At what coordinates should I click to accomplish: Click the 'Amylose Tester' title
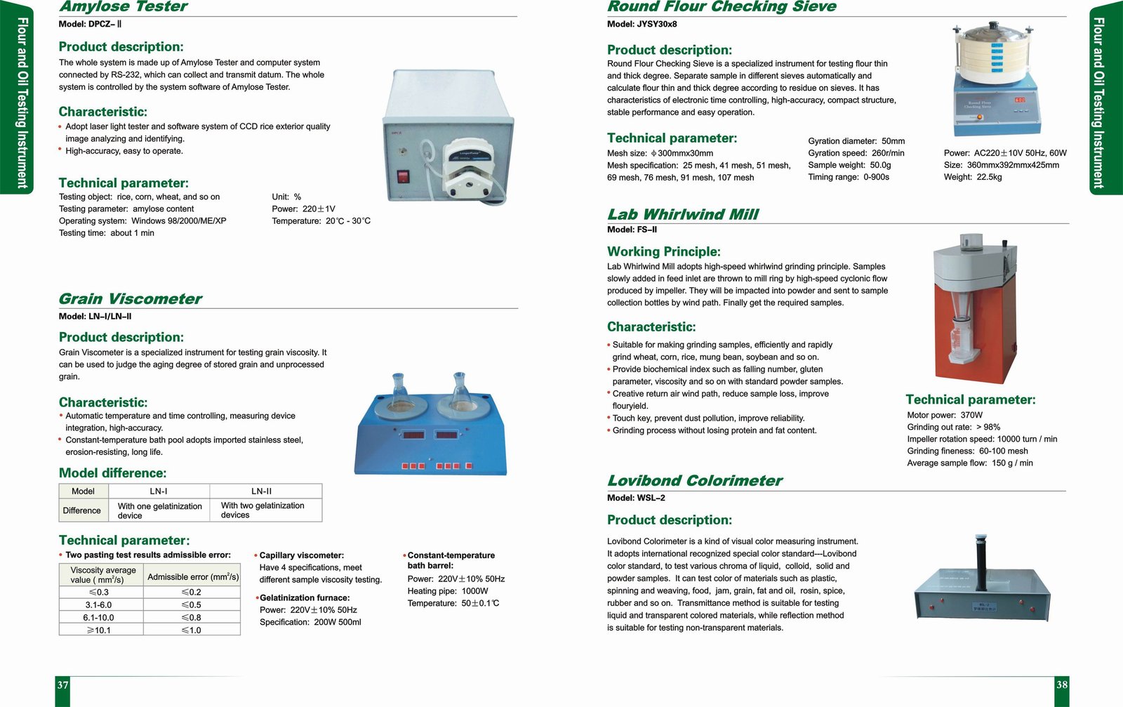pos(124,7)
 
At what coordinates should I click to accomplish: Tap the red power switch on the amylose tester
pos(403,176)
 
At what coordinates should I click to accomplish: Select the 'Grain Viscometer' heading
pos(131,299)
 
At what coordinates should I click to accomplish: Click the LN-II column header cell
pos(261,491)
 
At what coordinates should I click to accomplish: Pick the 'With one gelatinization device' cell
pos(159,510)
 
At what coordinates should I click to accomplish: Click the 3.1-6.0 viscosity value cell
pos(98,604)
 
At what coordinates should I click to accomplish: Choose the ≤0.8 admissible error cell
pos(191,618)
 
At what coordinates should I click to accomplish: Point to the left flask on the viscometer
pos(399,394)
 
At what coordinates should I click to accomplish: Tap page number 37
pos(62,685)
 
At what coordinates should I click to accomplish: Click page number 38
pos(1061,685)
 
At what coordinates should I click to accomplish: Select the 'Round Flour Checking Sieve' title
pos(722,7)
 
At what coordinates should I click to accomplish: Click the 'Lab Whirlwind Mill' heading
pos(683,215)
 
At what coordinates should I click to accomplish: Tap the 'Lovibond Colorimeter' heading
pos(695,481)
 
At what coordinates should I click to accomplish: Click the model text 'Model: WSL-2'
pos(636,498)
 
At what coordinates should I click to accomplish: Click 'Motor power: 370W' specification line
pos(945,415)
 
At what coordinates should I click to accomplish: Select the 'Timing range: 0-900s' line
pos(849,177)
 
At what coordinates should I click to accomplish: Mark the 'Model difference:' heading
pos(113,473)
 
